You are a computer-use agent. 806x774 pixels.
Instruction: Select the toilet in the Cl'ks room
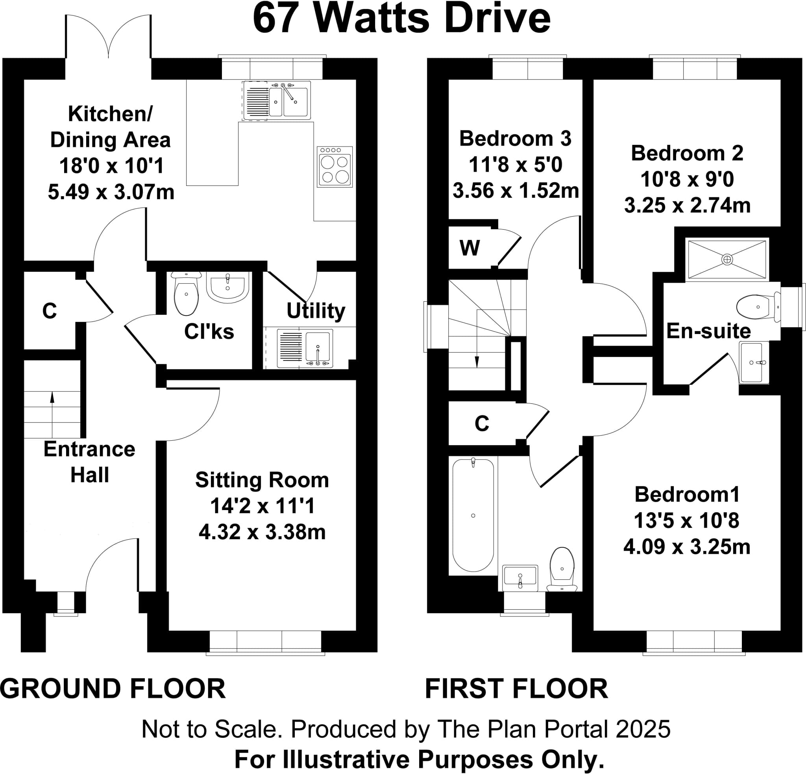pos(186,293)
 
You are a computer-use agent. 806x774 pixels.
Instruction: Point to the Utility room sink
pos(317,347)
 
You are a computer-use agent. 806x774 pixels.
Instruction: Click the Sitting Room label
pos(262,480)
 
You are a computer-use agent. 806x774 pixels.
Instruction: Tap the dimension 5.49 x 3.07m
pos(111,192)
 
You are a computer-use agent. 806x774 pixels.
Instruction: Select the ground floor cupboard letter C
pos(49,311)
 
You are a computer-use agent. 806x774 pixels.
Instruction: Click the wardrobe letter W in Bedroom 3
pos(470,248)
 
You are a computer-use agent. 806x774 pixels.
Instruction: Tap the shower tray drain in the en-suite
pos(727,260)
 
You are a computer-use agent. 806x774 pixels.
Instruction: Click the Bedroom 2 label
pos(687,154)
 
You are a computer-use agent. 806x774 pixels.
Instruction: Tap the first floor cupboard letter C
pos(482,423)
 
